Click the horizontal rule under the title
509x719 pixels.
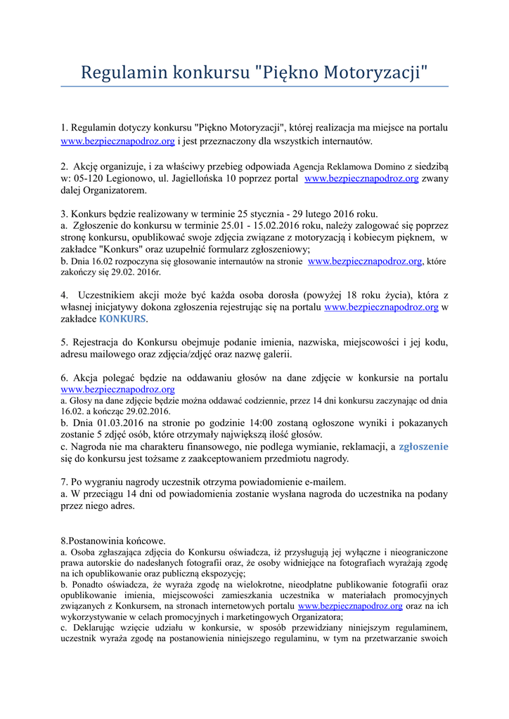[x=254, y=86]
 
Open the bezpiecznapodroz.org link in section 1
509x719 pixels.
[x=117, y=141]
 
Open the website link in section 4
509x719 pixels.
[x=381, y=307]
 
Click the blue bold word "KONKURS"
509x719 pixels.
[x=122, y=319]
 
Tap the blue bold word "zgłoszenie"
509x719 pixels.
[x=423, y=447]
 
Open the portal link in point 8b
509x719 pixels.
[x=350, y=605]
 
